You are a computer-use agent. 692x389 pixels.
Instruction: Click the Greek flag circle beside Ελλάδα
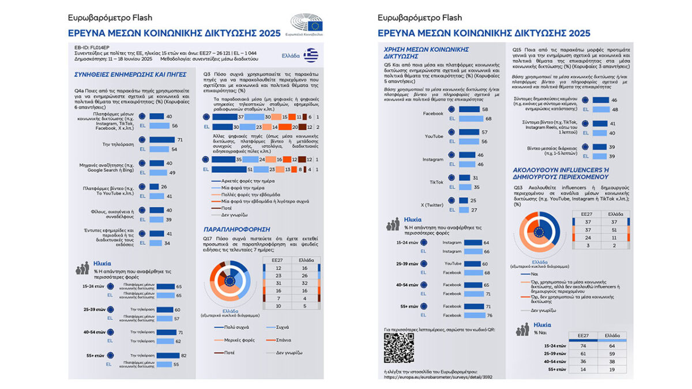click(x=311, y=55)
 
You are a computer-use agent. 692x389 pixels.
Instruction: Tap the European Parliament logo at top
click(x=307, y=25)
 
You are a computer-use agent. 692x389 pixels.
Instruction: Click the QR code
click(x=399, y=347)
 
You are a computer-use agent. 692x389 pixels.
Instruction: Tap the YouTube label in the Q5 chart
click(x=434, y=136)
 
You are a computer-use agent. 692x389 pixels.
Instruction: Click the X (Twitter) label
click(x=431, y=204)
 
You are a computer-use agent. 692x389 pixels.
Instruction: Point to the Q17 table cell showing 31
click(x=277, y=283)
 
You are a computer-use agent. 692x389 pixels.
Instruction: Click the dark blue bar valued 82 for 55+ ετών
click(x=160, y=355)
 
